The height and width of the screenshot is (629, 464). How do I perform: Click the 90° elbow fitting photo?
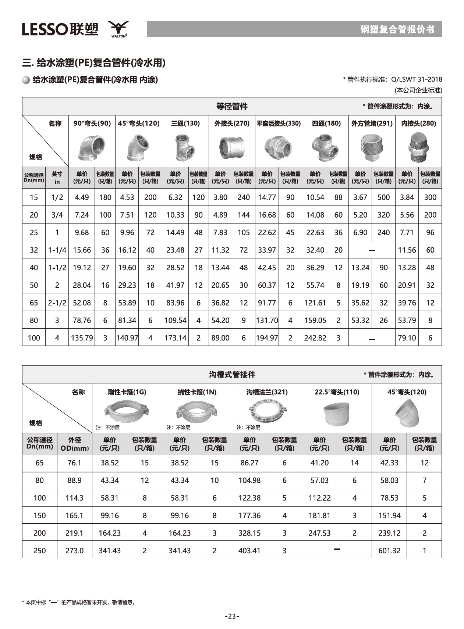point(92,147)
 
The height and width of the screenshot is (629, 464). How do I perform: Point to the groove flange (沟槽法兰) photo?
point(267,410)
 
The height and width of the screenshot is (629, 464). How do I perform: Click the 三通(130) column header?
point(185,124)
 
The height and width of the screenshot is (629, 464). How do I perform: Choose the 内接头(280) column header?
point(418,124)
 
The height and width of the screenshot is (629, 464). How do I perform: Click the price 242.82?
point(315,338)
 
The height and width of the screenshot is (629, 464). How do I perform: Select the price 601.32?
point(389,550)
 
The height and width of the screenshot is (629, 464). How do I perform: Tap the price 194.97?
point(267,338)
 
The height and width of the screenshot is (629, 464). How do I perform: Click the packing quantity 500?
point(383,197)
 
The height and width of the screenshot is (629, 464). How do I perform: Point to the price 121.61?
point(315,303)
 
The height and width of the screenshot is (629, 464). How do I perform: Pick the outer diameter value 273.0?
point(74,550)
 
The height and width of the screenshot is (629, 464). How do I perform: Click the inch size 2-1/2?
point(57,303)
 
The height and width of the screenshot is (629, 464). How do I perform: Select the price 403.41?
point(249,550)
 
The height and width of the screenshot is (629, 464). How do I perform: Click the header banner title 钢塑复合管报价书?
point(397,29)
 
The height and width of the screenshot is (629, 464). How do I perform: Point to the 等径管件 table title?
point(232,107)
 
